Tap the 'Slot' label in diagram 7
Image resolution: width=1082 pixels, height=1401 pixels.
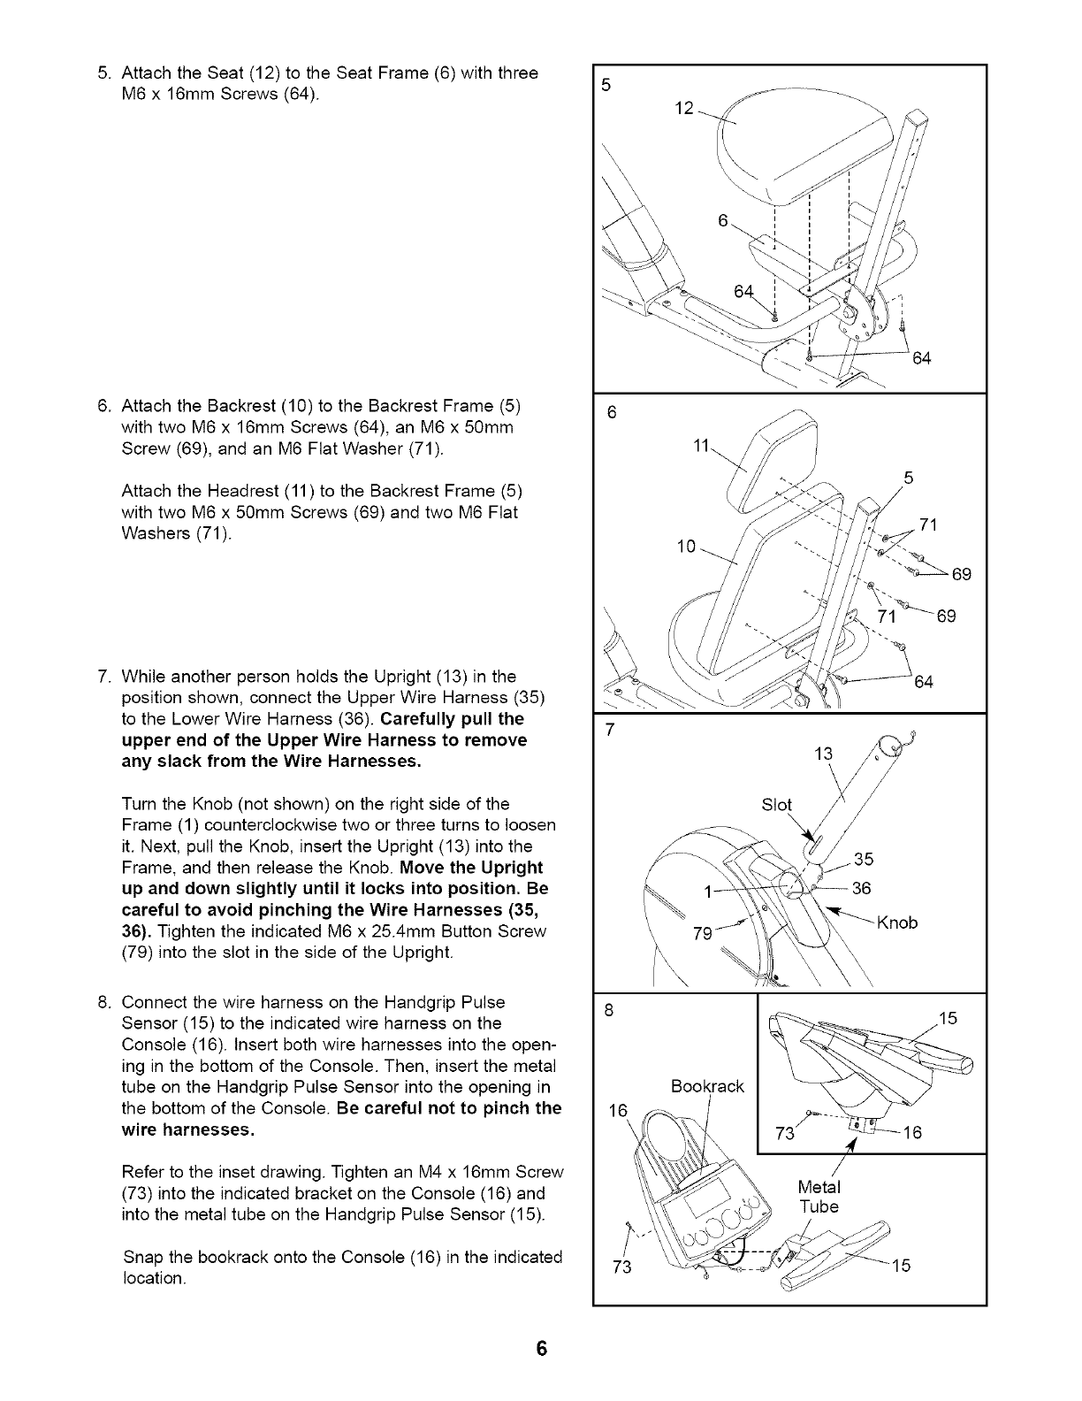tap(777, 804)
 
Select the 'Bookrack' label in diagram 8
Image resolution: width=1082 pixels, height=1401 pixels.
tap(707, 1085)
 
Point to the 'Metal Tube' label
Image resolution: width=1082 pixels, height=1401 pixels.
tap(819, 1196)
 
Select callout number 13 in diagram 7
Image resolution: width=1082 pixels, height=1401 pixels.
tap(824, 754)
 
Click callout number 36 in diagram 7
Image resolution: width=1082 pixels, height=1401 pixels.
tap(863, 889)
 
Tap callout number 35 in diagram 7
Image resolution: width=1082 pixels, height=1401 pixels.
tap(864, 859)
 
